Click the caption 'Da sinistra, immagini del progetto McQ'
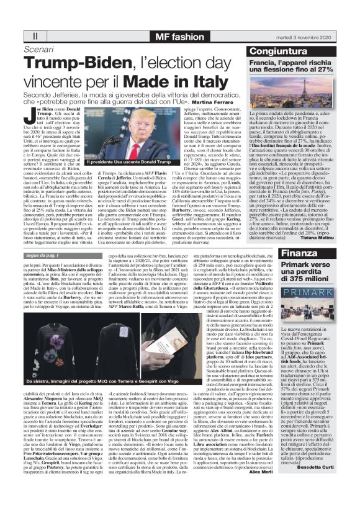pyautogui.click(x=68, y=363)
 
